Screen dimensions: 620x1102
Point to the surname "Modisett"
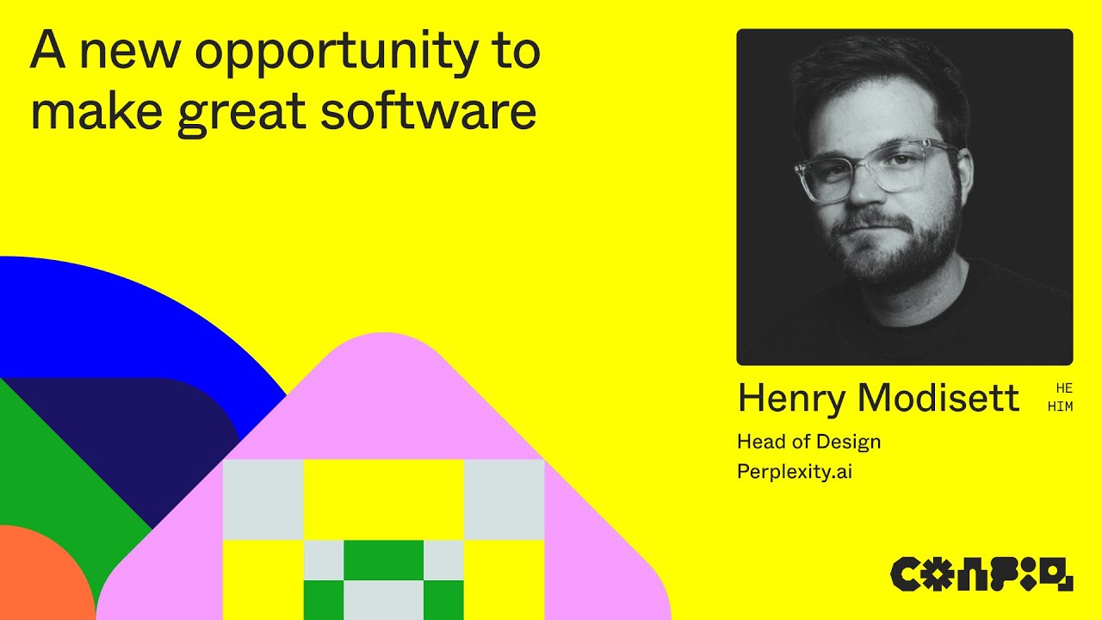[x=938, y=398]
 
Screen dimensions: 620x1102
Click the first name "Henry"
[x=791, y=398]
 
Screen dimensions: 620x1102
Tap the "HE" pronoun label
[x=1064, y=388]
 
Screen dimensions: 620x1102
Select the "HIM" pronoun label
[x=1061, y=406]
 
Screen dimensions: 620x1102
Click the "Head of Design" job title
[x=808, y=442]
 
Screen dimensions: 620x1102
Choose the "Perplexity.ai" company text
[x=794, y=472]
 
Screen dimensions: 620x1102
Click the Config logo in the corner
[x=981, y=573]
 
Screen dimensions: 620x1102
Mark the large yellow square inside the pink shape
[x=383, y=499]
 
